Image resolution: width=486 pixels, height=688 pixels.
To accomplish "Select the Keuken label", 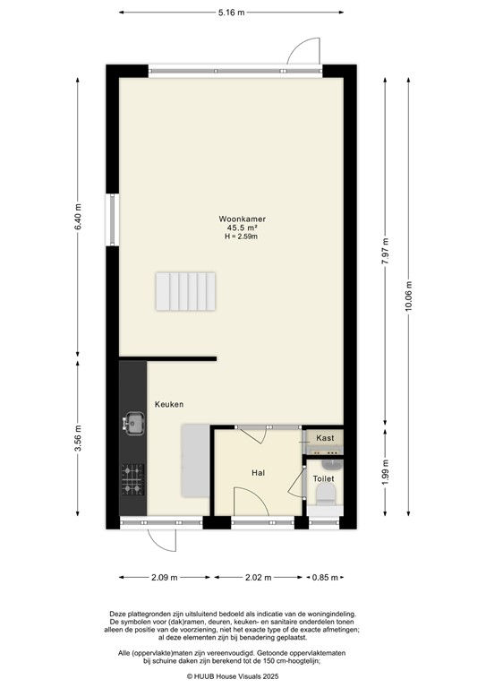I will click(x=168, y=405).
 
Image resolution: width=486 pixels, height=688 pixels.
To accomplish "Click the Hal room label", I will click(x=258, y=472).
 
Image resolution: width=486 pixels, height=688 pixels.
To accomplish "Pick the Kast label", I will click(x=325, y=437).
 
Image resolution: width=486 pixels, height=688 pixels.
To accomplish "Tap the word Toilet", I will click(x=323, y=479).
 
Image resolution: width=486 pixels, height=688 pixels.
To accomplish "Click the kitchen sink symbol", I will click(x=134, y=422).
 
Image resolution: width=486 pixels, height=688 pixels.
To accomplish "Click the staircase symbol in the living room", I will click(x=188, y=291).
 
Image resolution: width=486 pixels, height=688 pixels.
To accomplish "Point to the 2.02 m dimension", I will click(x=259, y=579).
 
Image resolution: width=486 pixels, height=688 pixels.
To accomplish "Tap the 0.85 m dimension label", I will click(x=326, y=579).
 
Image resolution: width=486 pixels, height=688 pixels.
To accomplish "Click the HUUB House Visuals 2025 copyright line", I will click(x=243, y=676).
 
